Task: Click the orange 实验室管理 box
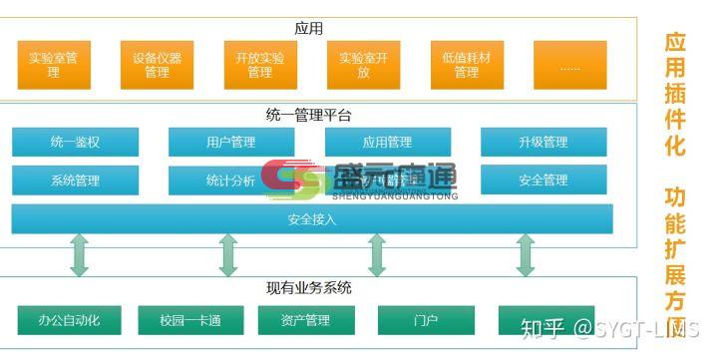(53, 65)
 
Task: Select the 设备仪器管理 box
(157, 65)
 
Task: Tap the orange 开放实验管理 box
(259, 65)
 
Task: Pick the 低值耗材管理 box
(466, 65)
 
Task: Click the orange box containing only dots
(569, 65)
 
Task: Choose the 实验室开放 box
(363, 65)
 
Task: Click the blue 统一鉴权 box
(75, 143)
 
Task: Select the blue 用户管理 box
(230, 143)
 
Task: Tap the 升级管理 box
(542, 143)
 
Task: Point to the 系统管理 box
(75, 180)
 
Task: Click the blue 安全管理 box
(542, 180)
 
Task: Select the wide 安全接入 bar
(311, 218)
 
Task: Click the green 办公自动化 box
(69, 320)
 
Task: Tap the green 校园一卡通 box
(189, 320)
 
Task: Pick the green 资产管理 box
(307, 320)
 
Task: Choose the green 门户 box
(426, 320)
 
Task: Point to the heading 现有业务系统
(309, 289)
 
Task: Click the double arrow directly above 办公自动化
(80, 255)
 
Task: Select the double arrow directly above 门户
(377, 255)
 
